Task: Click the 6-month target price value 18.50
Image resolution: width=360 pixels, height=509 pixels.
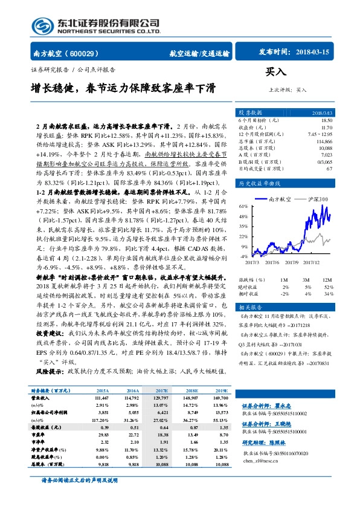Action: click(327, 121)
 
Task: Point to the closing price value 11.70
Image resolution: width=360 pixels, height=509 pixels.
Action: click(327, 128)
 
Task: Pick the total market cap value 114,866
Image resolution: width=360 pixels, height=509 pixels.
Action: click(324, 141)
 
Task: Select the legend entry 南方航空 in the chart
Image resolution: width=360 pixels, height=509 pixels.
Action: click(280, 198)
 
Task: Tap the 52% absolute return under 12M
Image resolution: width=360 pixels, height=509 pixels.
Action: click(327, 287)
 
